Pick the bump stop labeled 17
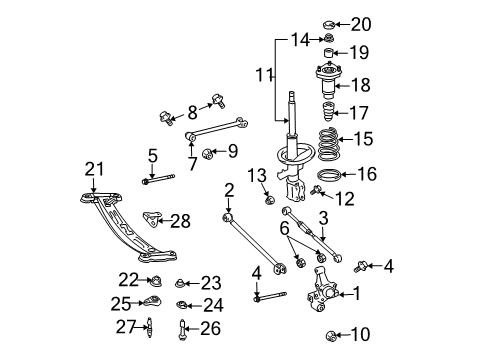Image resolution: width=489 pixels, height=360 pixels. point(327,112)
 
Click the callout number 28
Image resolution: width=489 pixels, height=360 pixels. point(180,221)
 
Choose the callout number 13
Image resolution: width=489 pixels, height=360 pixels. point(257,176)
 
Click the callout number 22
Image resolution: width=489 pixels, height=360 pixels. point(127,279)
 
